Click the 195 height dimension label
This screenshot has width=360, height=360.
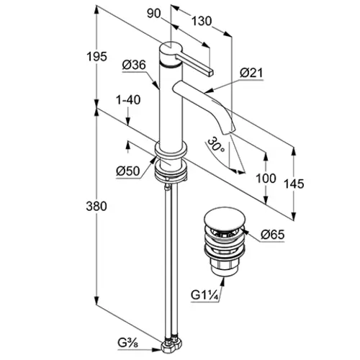[96, 57]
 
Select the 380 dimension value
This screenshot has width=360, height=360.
[96, 206]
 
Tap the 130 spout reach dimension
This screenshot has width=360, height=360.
[202, 21]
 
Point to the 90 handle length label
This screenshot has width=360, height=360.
[154, 14]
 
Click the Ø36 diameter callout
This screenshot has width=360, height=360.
[134, 65]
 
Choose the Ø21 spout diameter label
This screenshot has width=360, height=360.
[251, 73]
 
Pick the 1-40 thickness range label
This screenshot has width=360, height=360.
[128, 100]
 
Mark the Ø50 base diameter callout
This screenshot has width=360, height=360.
[128, 171]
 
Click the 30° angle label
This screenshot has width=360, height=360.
[216, 145]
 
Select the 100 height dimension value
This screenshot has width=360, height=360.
[266, 179]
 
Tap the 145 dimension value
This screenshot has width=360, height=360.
[294, 184]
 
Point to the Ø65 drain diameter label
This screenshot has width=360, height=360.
[272, 234]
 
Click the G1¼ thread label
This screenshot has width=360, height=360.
[204, 295]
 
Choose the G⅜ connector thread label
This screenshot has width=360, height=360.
[128, 343]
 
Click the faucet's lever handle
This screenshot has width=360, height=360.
[194, 64]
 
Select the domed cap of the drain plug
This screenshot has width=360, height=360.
[225, 218]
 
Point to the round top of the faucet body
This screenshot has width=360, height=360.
[171, 46]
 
